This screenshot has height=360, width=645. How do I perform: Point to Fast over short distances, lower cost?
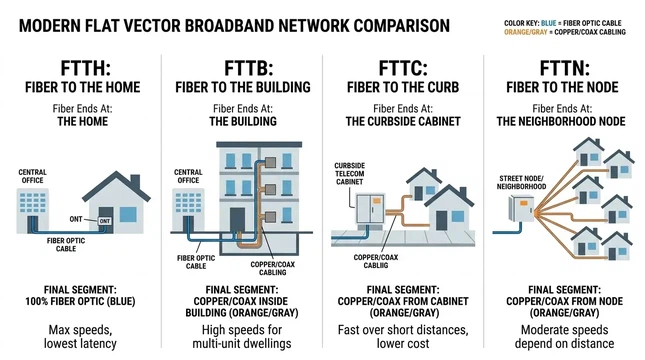[402, 336]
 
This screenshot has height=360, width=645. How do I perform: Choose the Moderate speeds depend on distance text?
[563, 336]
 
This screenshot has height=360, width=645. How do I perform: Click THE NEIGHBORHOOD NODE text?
[563, 121]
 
